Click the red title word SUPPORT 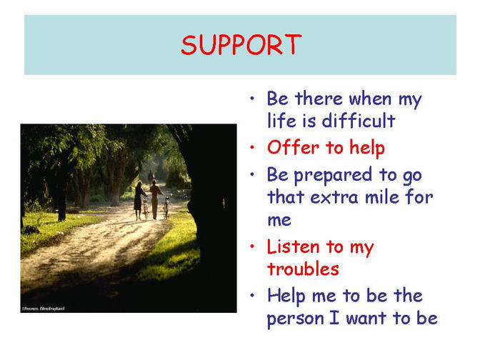(x=241, y=45)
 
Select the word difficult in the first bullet (x=359, y=120)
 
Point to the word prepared (x=333, y=176)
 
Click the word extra (x=334, y=197)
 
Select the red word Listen (x=293, y=246)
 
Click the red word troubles (x=303, y=269)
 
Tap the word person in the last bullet (x=296, y=319)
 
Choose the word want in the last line (x=366, y=318)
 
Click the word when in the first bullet (x=370, y=99)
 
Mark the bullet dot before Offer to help (x=252, y=147)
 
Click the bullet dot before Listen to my (x=252, y=246)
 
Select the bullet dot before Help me (x=252, y=296)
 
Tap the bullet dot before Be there (x=252, y=99)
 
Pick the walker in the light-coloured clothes (x=155, y=199)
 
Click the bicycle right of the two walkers (x=166, y=208)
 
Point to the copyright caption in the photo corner (x=43, y=309)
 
